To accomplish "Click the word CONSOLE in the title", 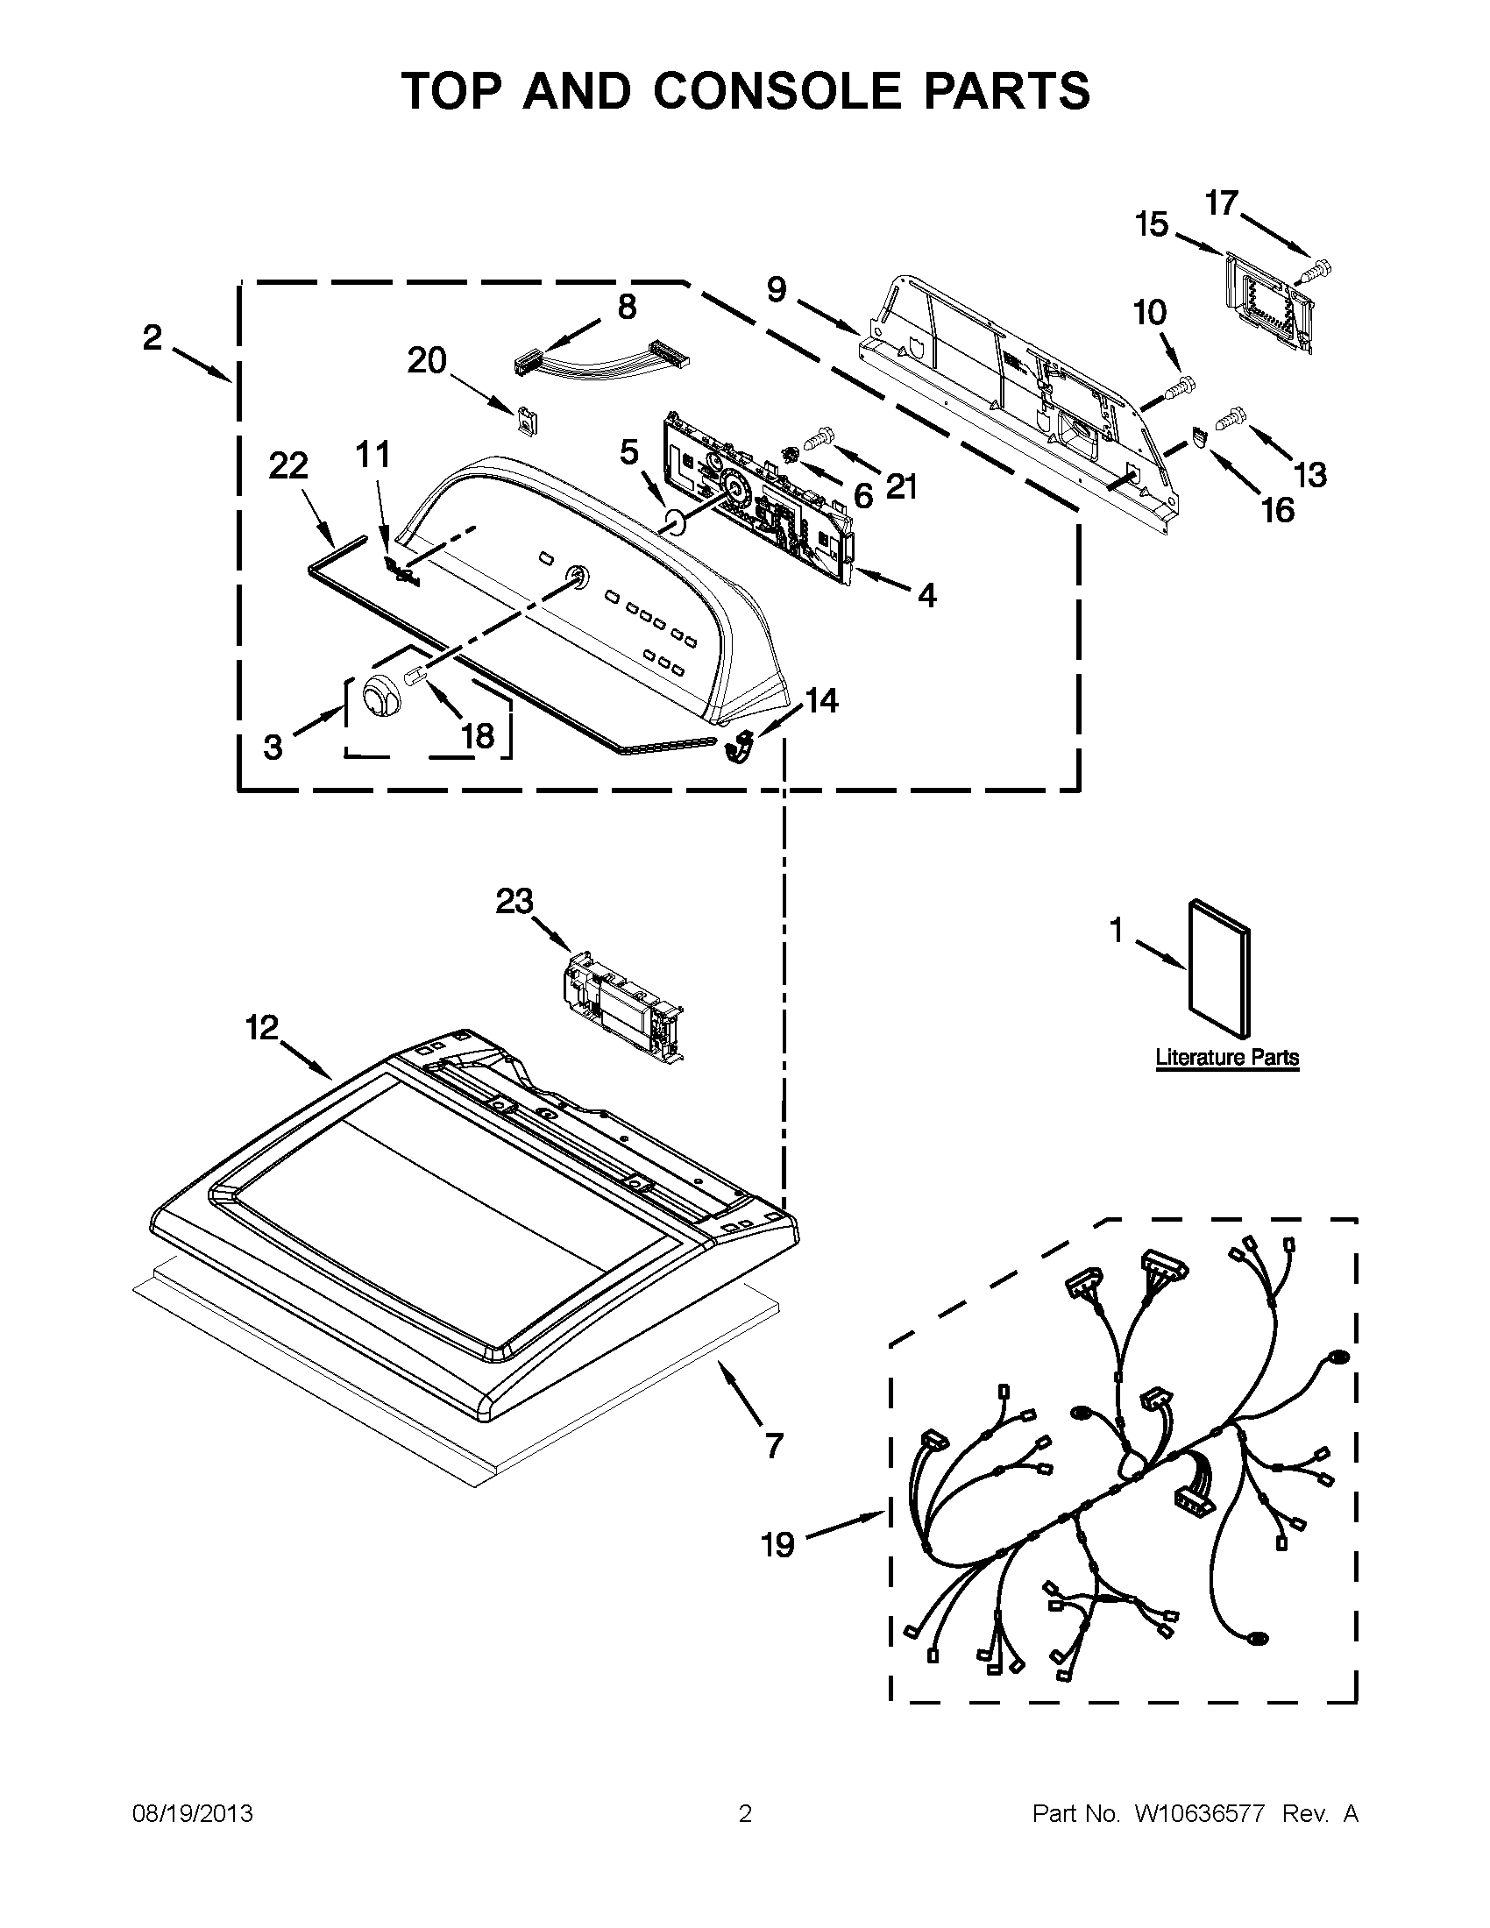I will click(777, 91).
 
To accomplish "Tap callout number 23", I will click(514, 901).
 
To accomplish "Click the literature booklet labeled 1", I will click(1219, 968).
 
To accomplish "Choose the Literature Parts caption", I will click(1227, 1057).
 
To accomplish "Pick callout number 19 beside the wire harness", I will click(777, 1545).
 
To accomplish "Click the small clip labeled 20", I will click(526, 420).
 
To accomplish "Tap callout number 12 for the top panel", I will click(261, 1028).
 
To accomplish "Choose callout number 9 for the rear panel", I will click(776, 289).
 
